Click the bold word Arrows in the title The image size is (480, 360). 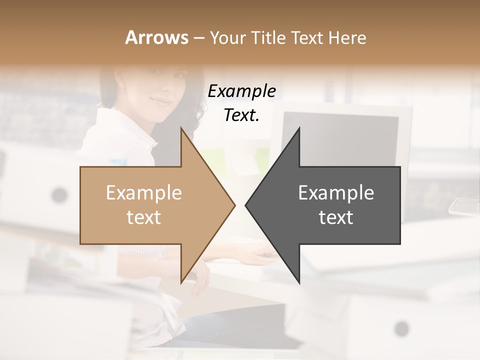point(156,37)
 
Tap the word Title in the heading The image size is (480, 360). point(269,37)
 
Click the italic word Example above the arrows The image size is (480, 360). point(241,91)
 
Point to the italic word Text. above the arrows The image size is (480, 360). point(241,115)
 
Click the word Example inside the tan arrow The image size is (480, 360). point(143,192)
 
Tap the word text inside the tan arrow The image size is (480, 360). point(143,217)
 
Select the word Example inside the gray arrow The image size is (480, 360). point(336,192)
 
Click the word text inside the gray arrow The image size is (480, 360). point(336,217)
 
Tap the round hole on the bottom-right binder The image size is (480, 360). point(401,328)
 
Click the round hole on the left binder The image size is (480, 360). point(59,194)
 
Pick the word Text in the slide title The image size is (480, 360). point(306,37)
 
